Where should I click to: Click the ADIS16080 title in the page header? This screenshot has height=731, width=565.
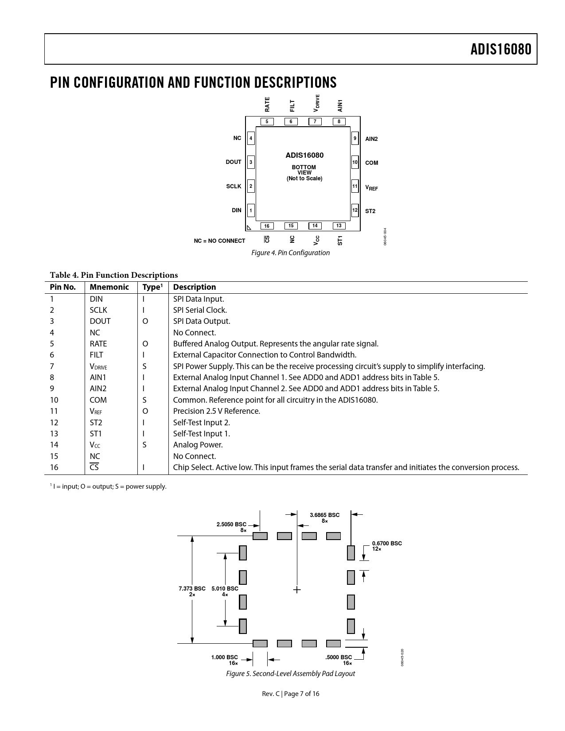[x=501, y=49]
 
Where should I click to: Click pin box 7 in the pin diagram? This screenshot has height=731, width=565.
[x=315, y=121]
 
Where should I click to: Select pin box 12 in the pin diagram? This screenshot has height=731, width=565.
[x=355, y=210]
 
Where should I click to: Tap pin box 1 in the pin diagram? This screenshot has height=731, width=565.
[x=251, y=210]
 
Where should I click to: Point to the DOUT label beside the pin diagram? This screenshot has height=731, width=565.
[x=234, y=162]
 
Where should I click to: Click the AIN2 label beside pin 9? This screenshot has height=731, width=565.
[x=371, y=139]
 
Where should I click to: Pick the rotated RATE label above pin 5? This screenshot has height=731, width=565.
[x=267, y=105]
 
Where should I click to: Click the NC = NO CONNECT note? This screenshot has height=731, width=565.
[x=219, y=241]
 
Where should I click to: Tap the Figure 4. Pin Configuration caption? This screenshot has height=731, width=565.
[x=290, y=253]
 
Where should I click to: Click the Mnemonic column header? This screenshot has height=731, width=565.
[x=109, y=287]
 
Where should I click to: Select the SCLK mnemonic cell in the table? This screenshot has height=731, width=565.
[x=98, y=310]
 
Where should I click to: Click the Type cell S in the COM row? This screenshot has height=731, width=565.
[x=144, y=400]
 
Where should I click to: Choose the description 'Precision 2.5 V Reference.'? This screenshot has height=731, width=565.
[x=216, y=411]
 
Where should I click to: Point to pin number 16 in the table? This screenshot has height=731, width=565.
[x=54, y=467]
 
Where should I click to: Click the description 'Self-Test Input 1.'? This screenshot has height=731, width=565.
[x=201, y=434]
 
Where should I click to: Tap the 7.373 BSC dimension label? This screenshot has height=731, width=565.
[x=192, y=589]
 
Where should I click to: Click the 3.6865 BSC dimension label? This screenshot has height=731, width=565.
[x=324, y=515]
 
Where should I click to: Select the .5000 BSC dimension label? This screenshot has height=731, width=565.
[x=339, y=657]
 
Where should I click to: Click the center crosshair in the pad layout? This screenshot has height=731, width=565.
[x=297, y=590]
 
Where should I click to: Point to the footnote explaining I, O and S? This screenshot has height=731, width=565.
[x=109, y=486]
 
